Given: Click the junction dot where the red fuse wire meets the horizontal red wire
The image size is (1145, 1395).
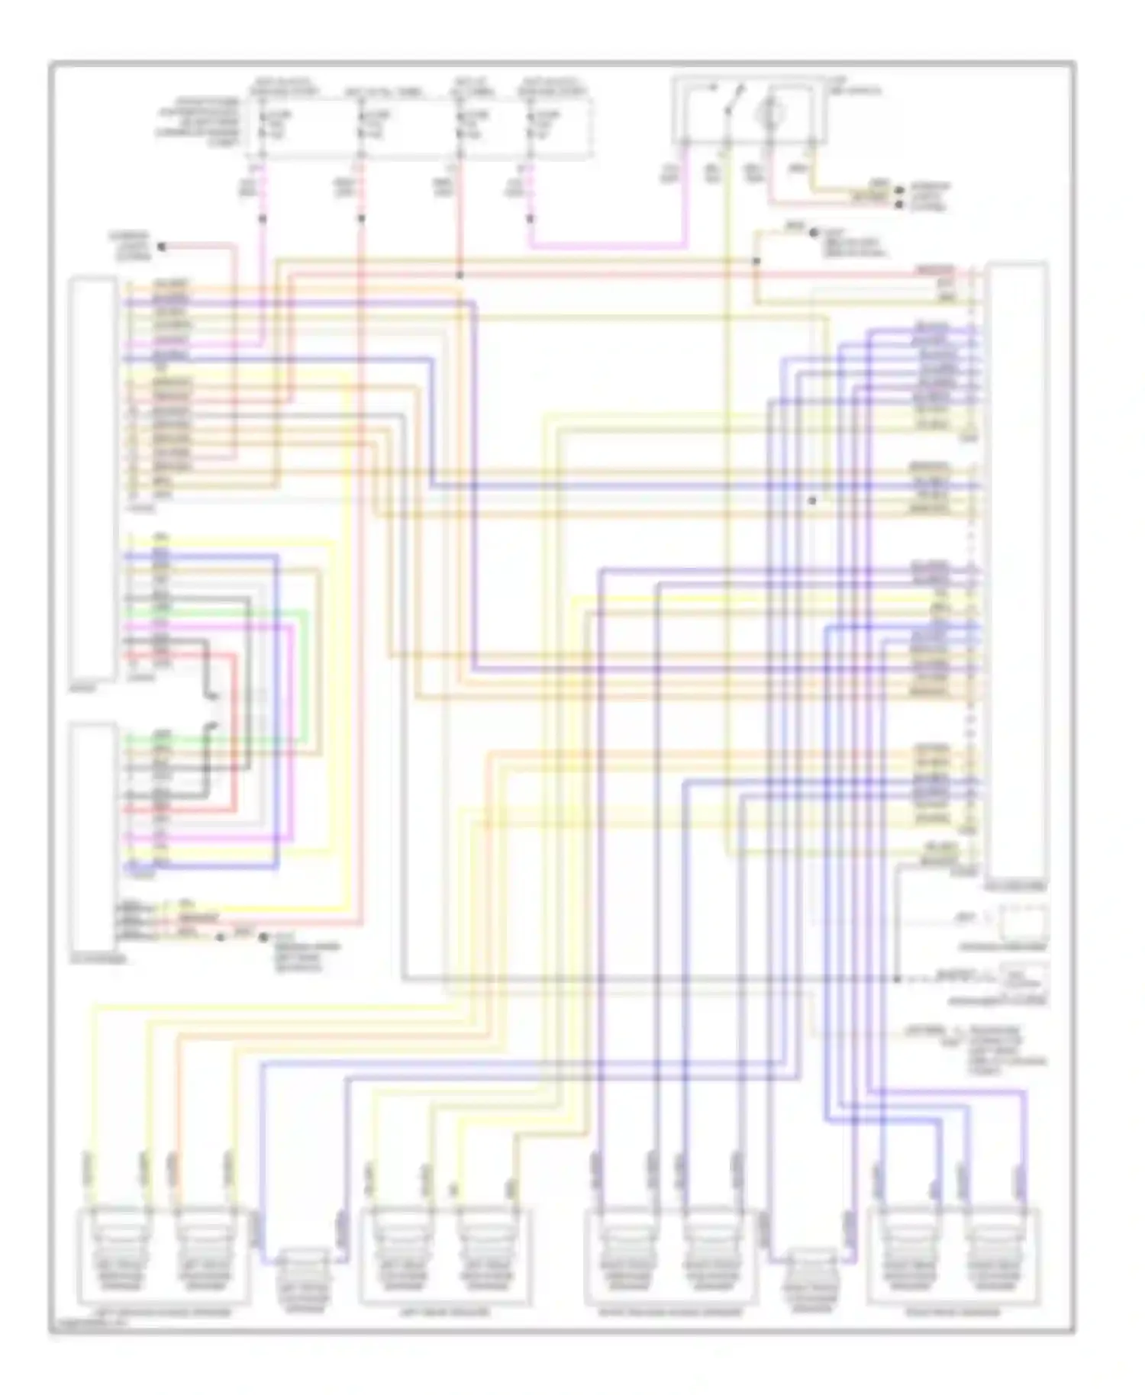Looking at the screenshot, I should (x=460, y=274).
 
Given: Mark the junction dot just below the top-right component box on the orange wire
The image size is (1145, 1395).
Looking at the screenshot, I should (x=756, y=261).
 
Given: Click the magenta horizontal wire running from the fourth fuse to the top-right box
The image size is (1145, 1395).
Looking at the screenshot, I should (x=603, y=246).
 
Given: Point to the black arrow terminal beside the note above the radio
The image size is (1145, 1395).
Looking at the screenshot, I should (x=161, y=246).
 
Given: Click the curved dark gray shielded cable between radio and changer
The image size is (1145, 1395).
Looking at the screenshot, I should (x=208, y=714).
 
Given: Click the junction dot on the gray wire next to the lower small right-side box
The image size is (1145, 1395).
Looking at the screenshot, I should (x=898, y=978).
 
